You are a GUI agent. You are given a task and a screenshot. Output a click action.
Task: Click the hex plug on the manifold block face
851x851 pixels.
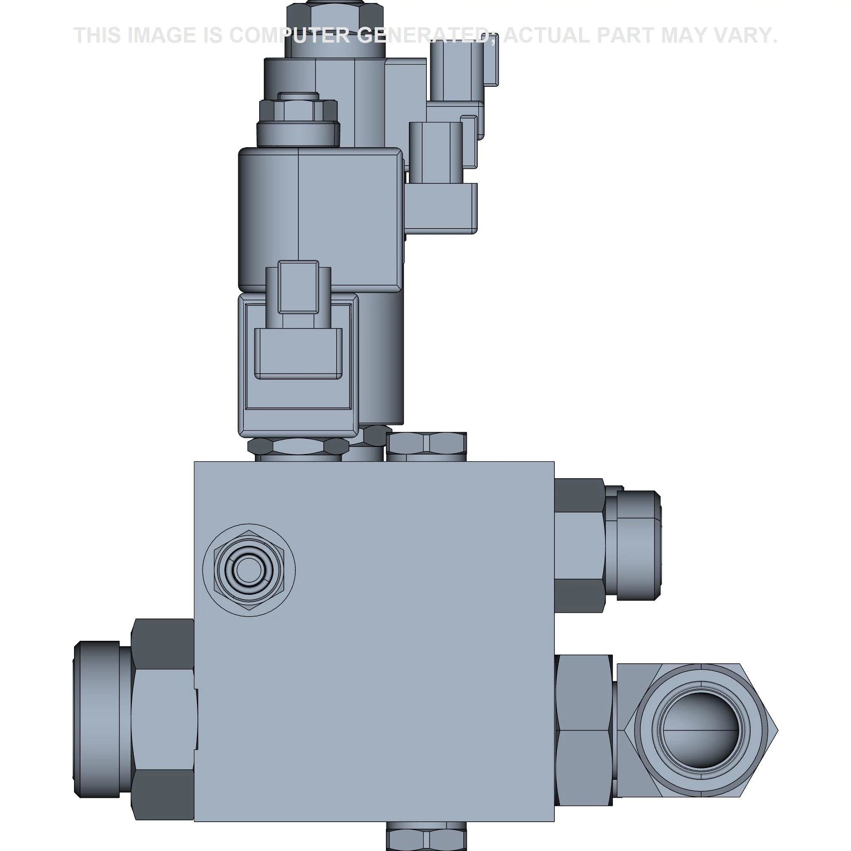click(x=249, y=570)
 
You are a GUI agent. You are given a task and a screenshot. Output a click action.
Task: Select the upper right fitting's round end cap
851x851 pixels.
click(x=638, y=545)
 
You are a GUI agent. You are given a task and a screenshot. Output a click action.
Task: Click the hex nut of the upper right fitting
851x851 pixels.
click(x=579, y=545)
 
